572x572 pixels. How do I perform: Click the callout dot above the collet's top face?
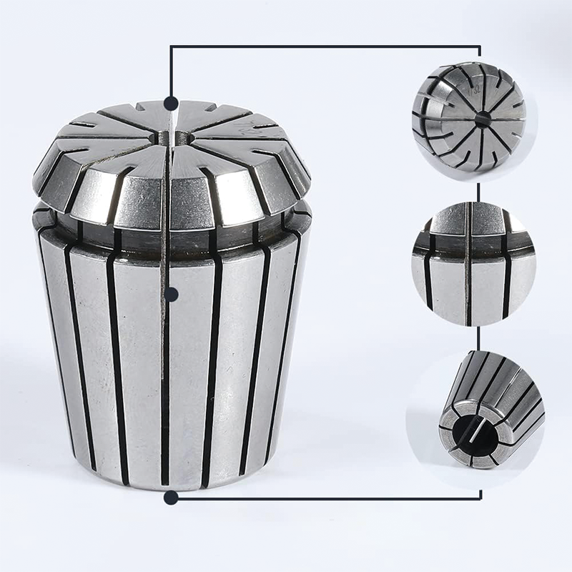point(171,102)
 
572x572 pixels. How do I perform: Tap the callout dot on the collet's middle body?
point(171,293)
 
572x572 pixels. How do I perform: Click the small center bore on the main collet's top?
point(169,135)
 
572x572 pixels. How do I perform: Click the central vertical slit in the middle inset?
point(468,265)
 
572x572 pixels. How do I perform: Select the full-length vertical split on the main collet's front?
point(167,357)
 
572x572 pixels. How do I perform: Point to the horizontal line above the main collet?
point(322,47)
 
